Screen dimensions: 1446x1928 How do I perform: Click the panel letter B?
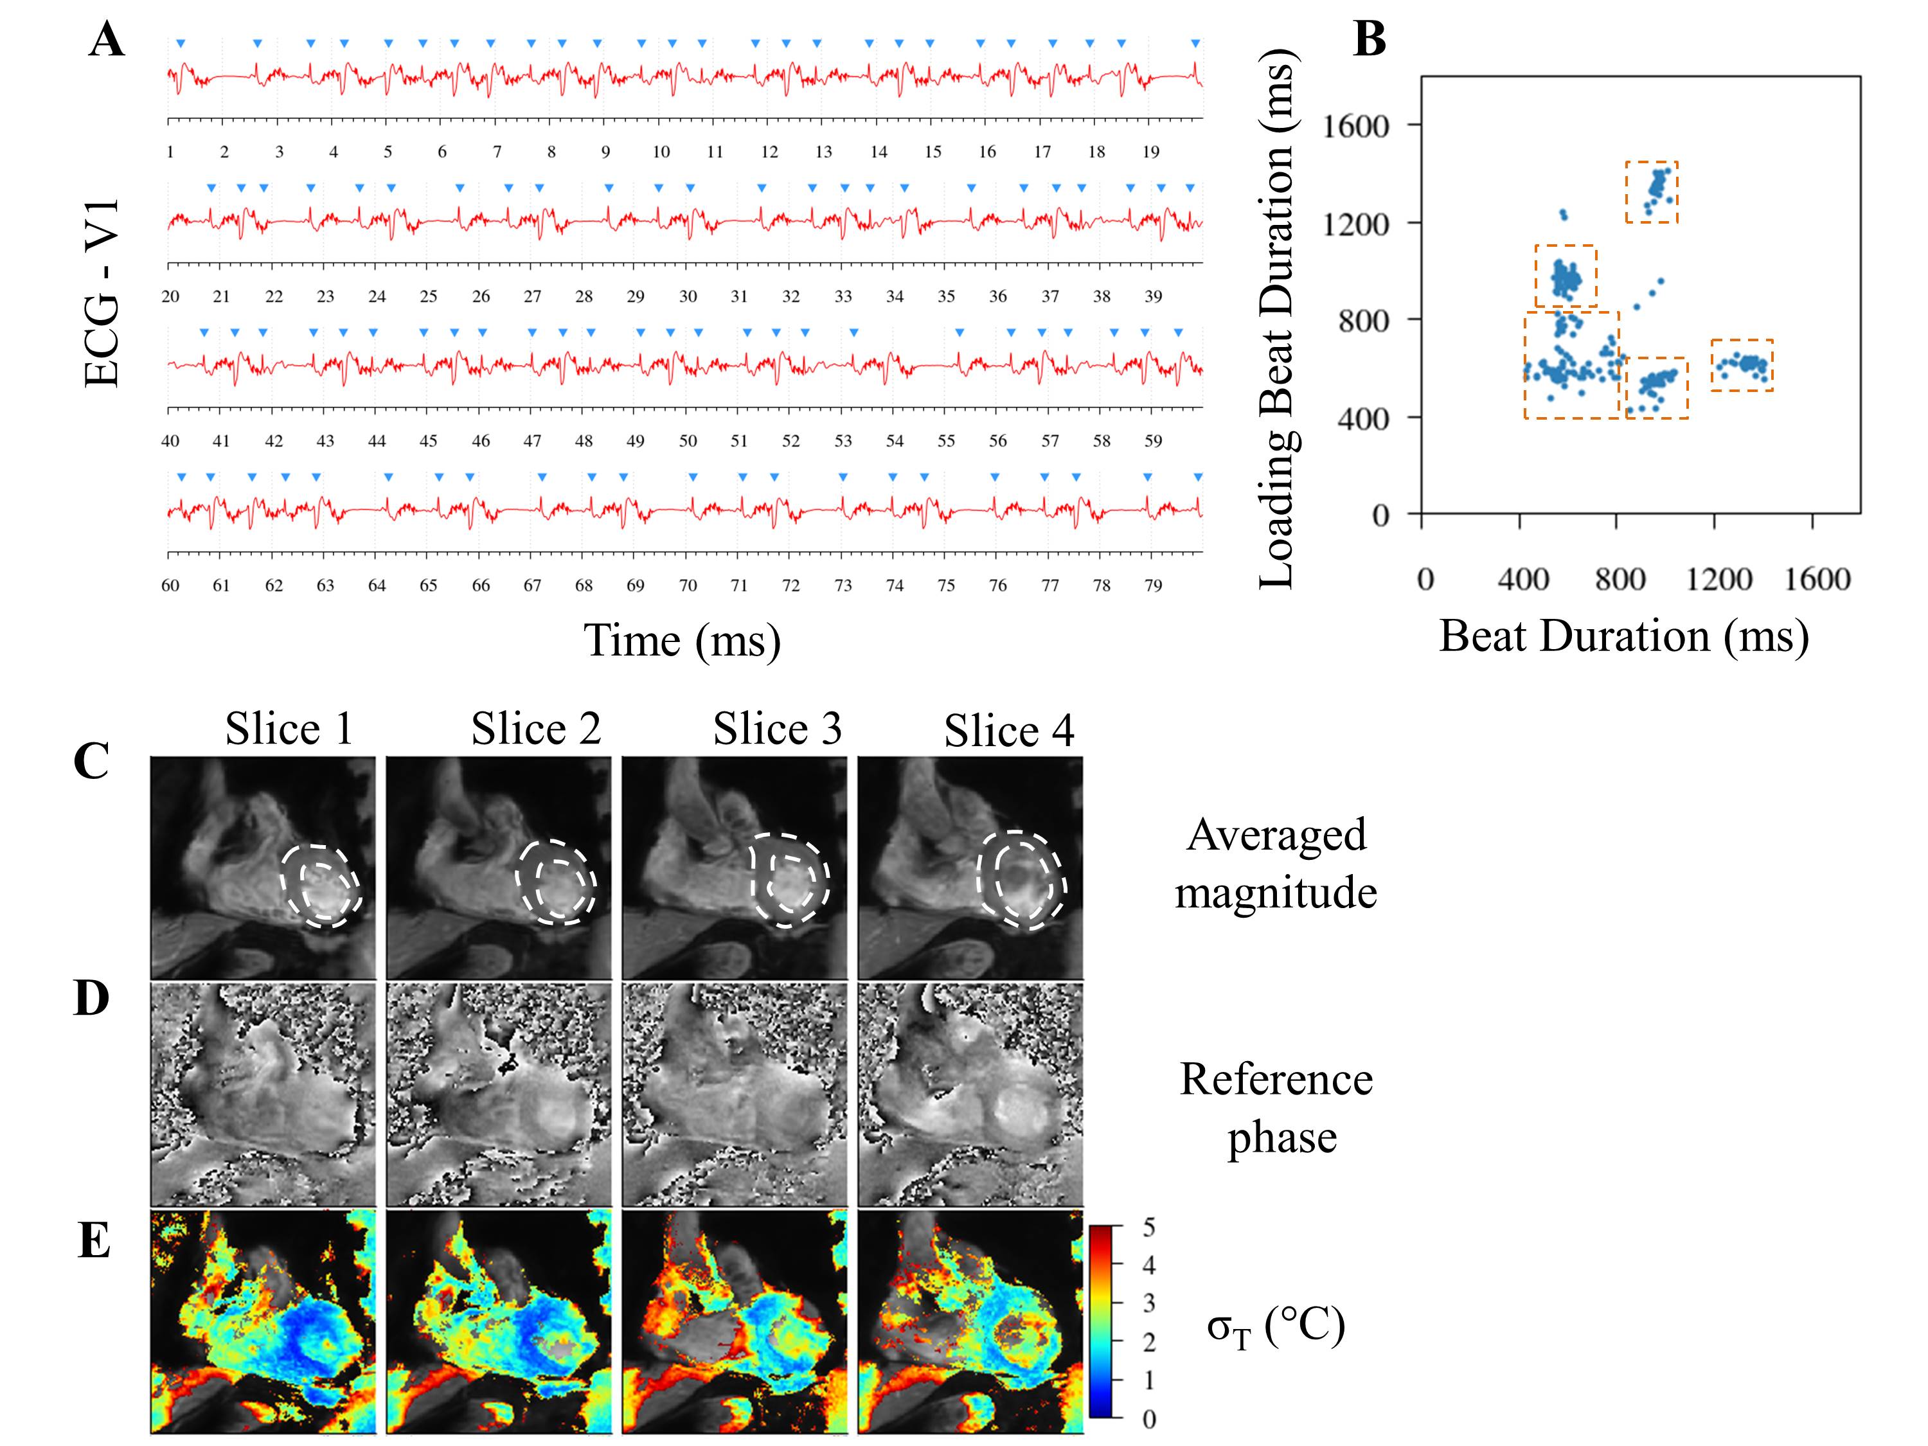[x=1370, y=39]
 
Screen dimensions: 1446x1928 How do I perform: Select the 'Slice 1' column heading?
[x=289, y=729]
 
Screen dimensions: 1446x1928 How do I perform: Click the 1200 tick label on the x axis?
[x=1718, y=579]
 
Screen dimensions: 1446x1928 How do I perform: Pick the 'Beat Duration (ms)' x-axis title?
[x=1623, y=636]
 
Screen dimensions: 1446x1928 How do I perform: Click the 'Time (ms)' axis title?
[x=682, y=641]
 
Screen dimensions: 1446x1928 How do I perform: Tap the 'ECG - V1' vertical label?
[x=102, y=293]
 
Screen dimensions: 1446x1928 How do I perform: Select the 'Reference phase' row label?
[x=1276, y=1108]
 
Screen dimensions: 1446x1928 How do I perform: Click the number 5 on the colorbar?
[x=1149, y=1228]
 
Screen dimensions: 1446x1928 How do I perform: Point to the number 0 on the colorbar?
[x=1149, y=1420]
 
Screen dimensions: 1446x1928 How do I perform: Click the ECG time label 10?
[x=661, y=152]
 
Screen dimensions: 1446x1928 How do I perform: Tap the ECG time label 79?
[x=1153, y=585]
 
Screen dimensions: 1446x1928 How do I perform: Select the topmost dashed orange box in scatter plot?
[x=1651, y=192]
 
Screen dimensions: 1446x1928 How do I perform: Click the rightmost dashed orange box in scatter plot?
[x=1742, y=365]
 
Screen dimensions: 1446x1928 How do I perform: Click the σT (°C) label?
[x=1275, y=1328]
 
